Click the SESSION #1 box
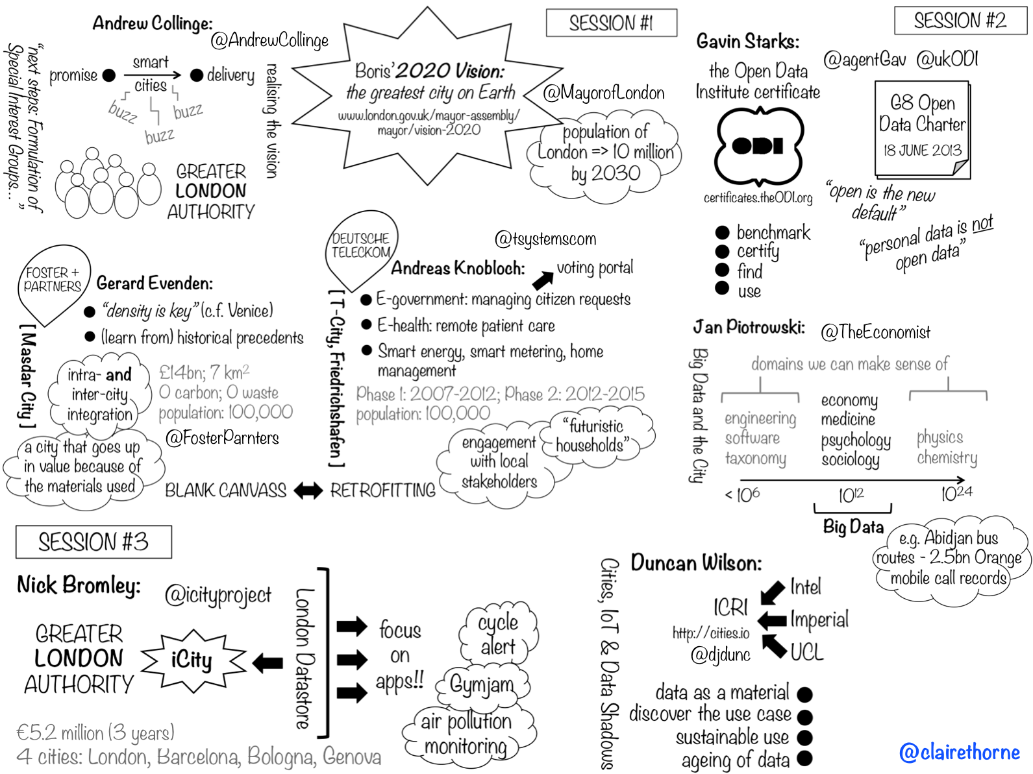[611, 23]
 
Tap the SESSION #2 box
[960, 21]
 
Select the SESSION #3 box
[93, 542]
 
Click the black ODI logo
[758, 147]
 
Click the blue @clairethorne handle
[959, 752]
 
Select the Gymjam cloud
[482, 684]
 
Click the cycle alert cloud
[498, 635]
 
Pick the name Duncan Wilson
[696, 562]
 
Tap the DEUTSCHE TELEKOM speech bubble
[360, 247]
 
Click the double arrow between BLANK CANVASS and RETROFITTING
[308, 490]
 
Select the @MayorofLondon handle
[604, 93]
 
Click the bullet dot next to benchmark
[722, 232]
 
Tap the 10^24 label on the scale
[956, 494]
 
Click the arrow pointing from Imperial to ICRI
[772, 620]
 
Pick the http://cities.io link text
[711, 633]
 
